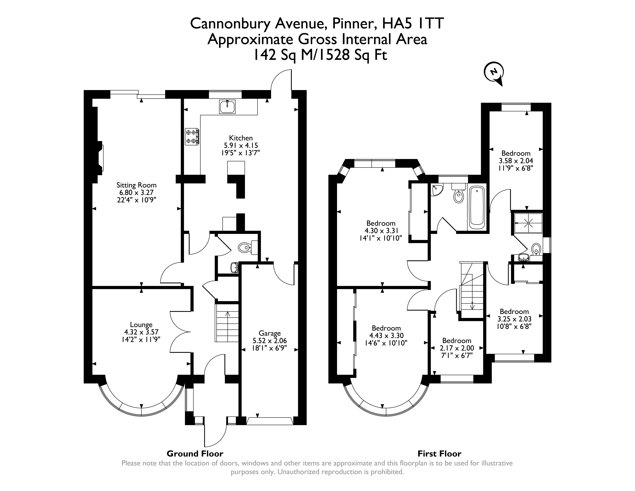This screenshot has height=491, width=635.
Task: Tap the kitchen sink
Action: coord(227,106)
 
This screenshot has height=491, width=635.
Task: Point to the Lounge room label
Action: coord(141,325)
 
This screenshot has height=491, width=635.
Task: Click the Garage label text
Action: coord(270,333)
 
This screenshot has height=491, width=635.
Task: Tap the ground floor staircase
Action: coord(227,323)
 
